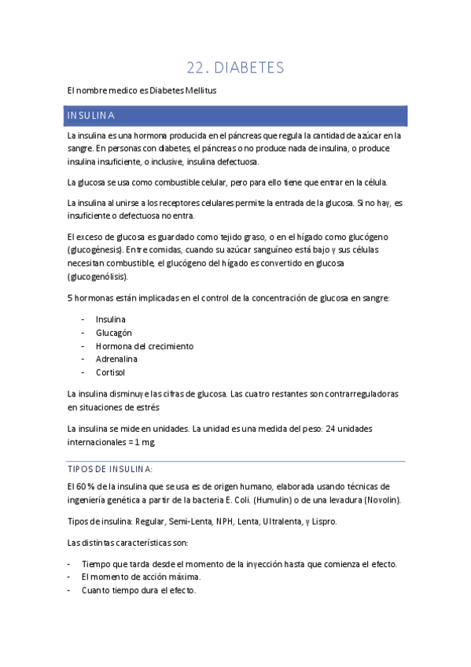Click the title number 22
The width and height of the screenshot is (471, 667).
click(197, 68)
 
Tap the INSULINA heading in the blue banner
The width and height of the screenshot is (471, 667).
click(91, 116)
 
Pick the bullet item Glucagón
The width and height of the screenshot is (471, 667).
click(114, 333)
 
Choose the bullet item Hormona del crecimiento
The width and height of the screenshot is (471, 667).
click(145, 346)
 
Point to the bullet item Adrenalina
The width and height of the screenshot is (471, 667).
click(116, 359)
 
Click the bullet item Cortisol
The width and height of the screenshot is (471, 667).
click(110, 373)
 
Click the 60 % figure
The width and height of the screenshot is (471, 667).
click(86, 487)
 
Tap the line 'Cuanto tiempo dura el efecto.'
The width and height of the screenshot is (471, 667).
click(138, 591)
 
